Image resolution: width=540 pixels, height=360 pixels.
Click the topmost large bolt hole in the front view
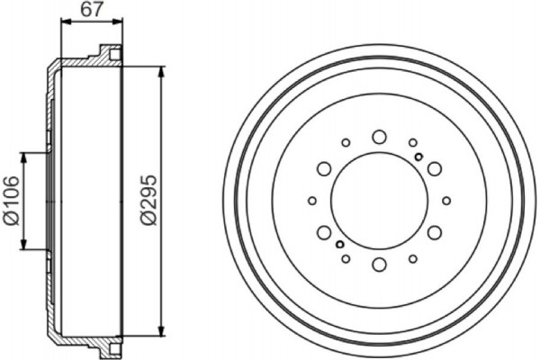378,137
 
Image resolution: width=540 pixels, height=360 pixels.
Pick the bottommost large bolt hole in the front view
378,265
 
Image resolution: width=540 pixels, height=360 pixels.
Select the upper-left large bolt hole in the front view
323,168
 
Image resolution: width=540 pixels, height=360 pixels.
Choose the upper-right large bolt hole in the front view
434,168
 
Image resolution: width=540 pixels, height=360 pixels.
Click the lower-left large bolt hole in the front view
323,233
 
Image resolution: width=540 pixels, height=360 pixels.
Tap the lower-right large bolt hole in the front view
434,233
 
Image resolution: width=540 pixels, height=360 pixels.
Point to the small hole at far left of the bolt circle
312,201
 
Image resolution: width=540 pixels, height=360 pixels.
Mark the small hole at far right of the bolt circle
445,201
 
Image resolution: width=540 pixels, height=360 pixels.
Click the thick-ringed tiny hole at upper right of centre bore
418,157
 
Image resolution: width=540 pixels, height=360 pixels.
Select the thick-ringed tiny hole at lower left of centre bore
338,244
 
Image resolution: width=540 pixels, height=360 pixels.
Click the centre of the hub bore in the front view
378,201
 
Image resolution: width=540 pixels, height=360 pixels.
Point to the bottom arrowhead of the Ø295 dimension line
160,329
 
